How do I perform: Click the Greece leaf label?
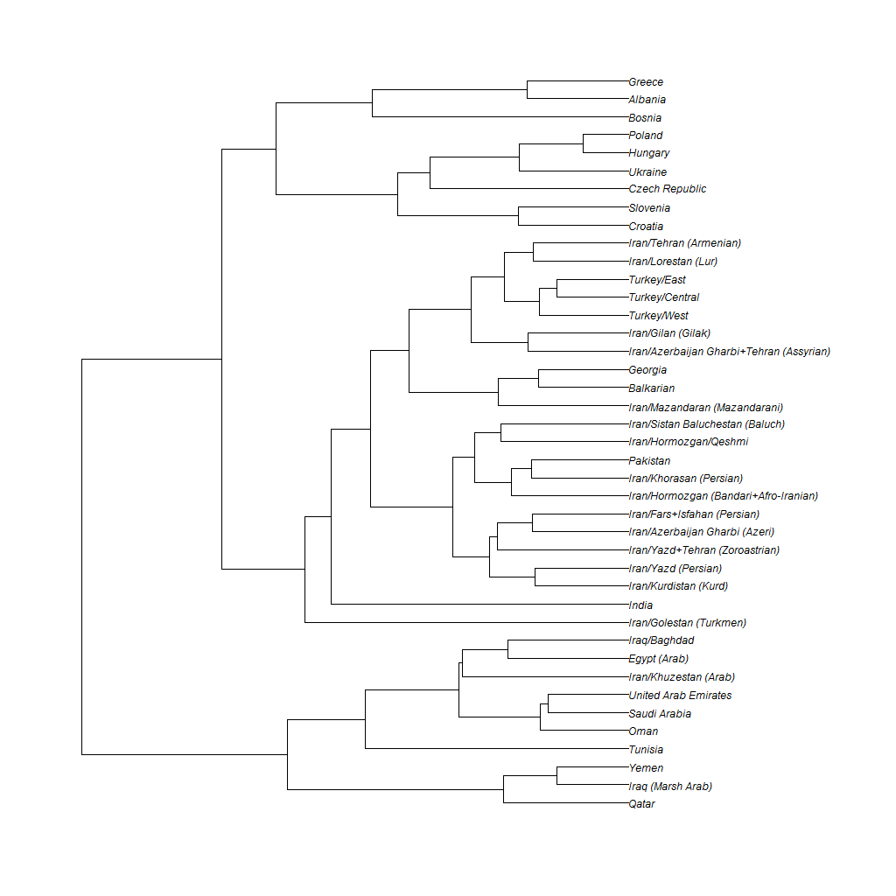[646, 82]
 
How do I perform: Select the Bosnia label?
[645, 118]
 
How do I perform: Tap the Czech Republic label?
[667, 189]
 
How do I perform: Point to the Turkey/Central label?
[663, 297]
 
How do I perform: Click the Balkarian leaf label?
[651, 388]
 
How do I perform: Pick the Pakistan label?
[649, 461]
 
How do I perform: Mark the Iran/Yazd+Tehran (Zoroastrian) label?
[703, 550]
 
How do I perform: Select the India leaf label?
[640, 605]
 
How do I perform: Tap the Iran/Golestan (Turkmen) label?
[687, 623]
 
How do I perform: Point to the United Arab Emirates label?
[680, 696]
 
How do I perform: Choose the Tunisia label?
[646, 750]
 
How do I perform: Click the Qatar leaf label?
[641, 804]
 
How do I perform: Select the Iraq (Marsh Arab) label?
[670, 787]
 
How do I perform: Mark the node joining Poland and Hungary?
[584, 143]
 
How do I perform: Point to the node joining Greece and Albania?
[528, 90]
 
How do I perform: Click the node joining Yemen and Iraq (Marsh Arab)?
[557, 776]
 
